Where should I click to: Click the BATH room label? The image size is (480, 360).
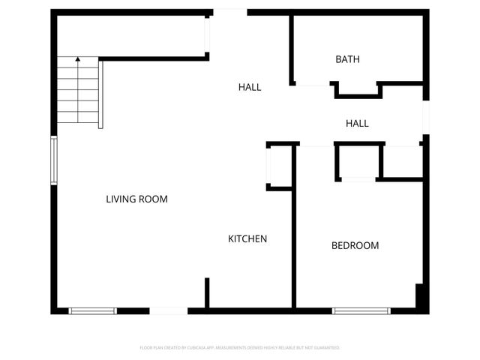click(347, 59)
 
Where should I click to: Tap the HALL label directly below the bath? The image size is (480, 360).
click(357, 123)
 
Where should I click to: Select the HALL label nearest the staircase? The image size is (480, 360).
click(250, 87)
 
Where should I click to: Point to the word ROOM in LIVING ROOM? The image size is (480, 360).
click(154, 199)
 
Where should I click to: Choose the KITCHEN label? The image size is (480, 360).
click(247, 239)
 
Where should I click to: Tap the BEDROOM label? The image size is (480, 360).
click(355, 245)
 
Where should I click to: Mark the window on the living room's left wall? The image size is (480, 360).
click(53, 160)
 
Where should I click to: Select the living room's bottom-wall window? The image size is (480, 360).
click(93, 310)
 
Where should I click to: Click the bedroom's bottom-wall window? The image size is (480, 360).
click(361, 310)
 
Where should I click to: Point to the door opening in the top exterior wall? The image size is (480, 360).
click(229, 11)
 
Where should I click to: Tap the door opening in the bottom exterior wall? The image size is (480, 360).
click(169, 310)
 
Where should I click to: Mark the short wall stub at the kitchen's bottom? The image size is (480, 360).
click(207, 292)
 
